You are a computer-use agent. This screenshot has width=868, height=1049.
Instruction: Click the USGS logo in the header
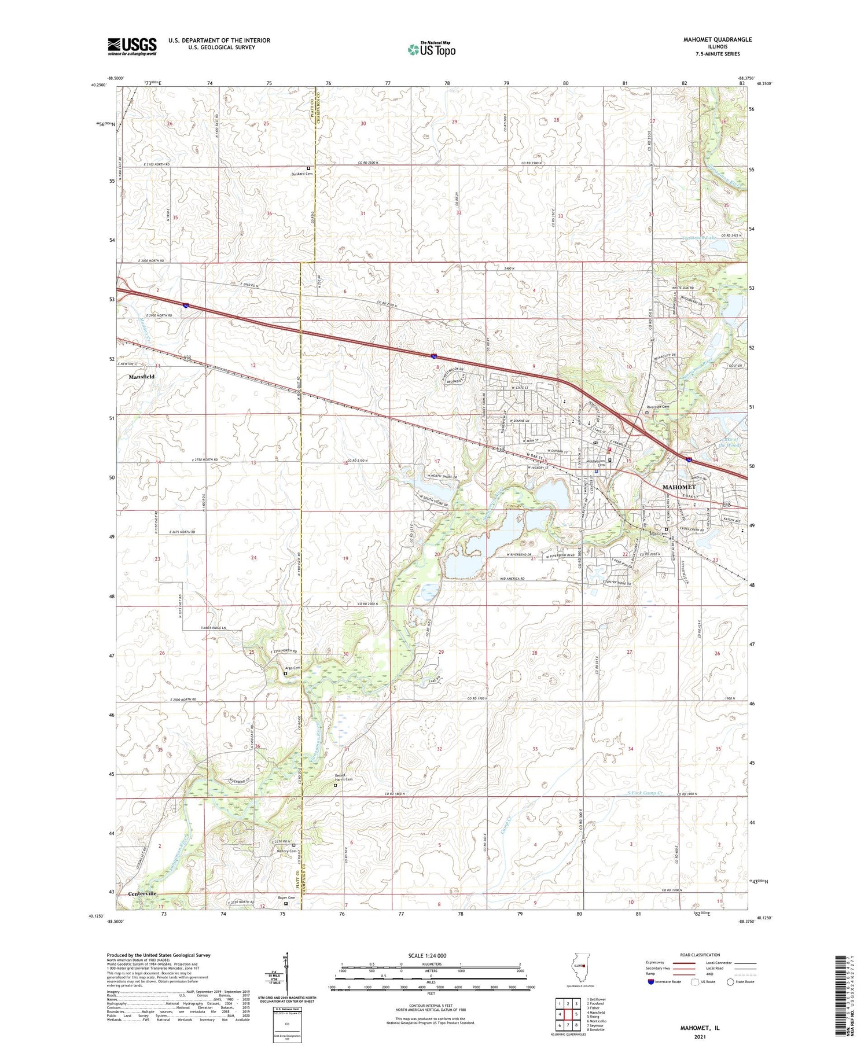pyautogui.click(x=132, y=46)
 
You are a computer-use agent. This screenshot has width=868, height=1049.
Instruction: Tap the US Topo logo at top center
pyautogui.click(x=431, y=49)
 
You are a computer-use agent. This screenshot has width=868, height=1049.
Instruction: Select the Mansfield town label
pyautogui.click(x=141, y=377)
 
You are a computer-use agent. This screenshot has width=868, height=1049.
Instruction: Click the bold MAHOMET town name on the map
pyautogui.click(x=679, y=487)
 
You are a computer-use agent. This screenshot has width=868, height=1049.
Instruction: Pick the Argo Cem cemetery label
pyautogui.click(x=293, y=668)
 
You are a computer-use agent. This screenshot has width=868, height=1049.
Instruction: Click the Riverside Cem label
pyautogui.click(x=657, y=407)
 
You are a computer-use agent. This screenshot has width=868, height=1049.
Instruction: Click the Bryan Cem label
pyautogui.click(x=659, y=534)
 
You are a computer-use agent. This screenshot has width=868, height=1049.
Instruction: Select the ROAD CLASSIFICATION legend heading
pyautogui.click(x=700, y=955)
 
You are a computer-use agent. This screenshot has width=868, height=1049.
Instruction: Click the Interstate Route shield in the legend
pyautogui.click(x=651, y=982)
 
